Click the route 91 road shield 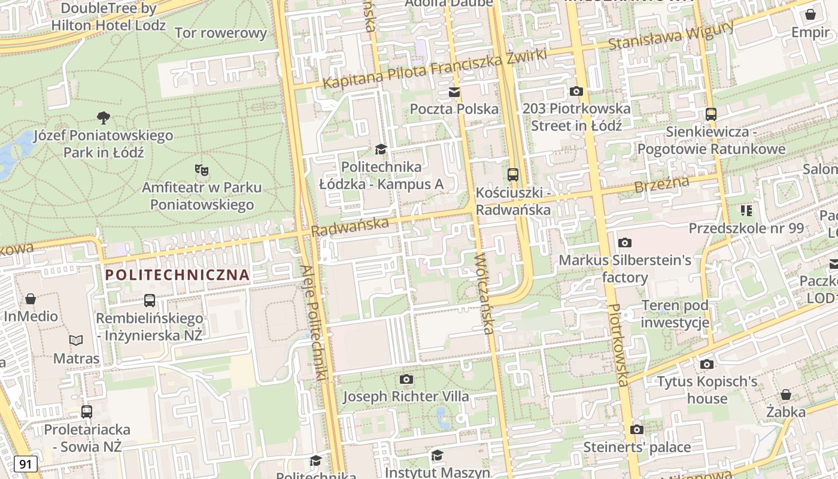(x=25, y=464)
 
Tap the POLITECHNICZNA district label (x=177, y=275)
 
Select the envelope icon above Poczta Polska (x=454, y=92)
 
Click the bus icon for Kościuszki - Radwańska (x=513, y=175)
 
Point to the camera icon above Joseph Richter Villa (x=406, y=379)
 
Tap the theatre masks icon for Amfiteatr (x=201, y=170)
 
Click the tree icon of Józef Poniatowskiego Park (x=104, y=118)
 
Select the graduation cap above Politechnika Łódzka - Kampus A (x=381, y=149)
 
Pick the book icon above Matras (x=76, y=341)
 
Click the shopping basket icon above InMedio (x=31, y=298)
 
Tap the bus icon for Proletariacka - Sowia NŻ (x=87, y=411)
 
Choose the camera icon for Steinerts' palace (x=637, y=429)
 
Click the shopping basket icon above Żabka (x=785, y=395)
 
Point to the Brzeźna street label (x=661, y=184)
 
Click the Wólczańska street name (x=484, y=293)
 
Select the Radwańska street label (x=350, y=226)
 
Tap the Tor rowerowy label (x=221, y=33)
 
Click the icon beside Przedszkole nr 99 (x=746, y=210)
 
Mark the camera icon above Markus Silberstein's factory (x=625, y=242)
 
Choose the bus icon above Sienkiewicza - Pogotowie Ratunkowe (x=711, y=114)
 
